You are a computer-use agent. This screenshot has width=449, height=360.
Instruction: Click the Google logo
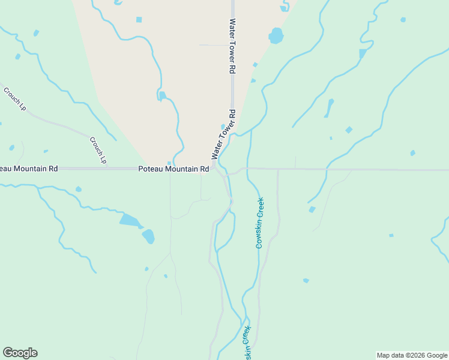click(20, 353)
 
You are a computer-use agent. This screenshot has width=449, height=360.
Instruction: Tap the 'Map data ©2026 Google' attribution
click(412, 355)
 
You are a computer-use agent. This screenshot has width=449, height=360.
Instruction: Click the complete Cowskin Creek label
click(260, 223)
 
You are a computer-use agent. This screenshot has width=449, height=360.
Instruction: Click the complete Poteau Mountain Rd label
click(173, 169)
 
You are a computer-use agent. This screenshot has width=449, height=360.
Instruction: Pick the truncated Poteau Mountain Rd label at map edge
click(29, 169)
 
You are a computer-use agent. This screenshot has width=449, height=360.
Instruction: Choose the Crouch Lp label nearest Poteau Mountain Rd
click(98, 150)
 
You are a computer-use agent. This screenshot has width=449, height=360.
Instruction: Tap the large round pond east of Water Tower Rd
click(276, 36)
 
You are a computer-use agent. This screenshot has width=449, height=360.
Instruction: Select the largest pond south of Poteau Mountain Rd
click(130, 220)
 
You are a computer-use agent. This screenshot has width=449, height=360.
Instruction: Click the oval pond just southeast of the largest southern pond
click(148, 236)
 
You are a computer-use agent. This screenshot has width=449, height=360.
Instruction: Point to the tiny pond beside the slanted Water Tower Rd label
click(223, 126)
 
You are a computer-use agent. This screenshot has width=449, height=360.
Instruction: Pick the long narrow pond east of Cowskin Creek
click(329, 108)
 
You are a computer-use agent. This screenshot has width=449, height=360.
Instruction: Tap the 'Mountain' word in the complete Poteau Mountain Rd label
click(179, 169)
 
